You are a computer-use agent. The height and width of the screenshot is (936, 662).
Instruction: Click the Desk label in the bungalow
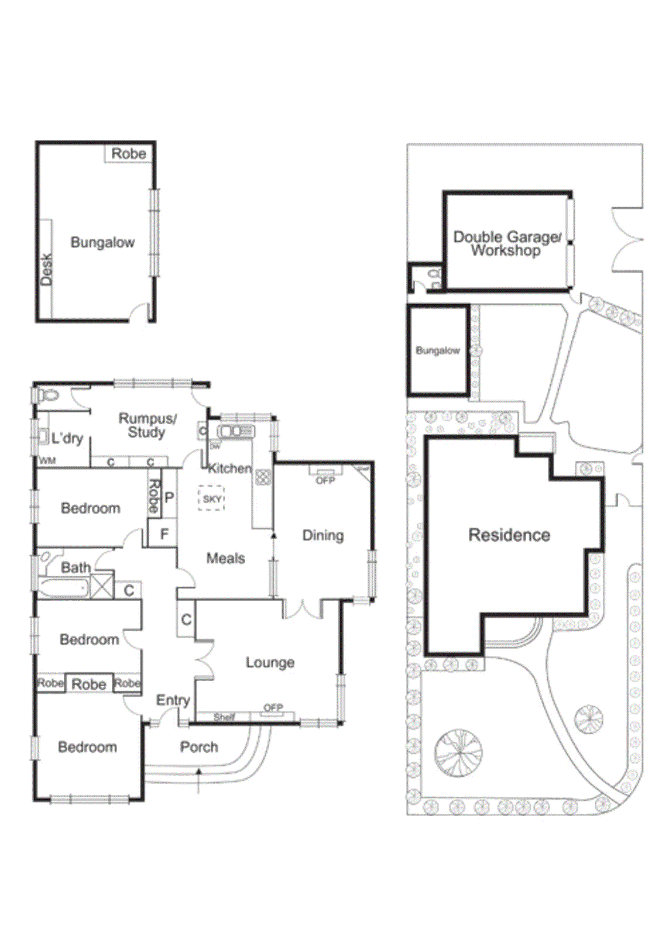[46, 270]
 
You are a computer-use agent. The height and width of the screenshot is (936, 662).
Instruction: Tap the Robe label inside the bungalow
[128, 154]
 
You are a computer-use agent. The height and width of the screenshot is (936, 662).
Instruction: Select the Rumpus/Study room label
[147, 425]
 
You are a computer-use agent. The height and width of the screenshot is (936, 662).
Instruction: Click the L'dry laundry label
[67, 439]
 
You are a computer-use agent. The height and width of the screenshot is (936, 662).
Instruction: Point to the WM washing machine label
[47, 461]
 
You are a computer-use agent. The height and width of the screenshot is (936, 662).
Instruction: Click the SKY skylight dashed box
[211, 499]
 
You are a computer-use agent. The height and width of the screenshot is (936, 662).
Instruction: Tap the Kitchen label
[229, 469]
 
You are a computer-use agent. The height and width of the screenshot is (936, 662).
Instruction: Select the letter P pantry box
[169, 498]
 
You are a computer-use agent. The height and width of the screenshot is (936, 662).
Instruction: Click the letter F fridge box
[164, 534]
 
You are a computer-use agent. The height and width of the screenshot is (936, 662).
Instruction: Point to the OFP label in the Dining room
[325, 480]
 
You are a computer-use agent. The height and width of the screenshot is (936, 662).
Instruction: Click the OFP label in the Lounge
[273, 708]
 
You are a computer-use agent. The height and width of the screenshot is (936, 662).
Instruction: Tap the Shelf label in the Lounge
[224, 717]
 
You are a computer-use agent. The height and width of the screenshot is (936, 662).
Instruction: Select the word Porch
[199, 747]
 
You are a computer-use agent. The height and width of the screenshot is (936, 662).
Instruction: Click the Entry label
[173, 700]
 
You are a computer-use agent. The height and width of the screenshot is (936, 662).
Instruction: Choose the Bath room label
[76, 567]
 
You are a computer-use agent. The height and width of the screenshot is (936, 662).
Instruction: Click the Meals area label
[225, 558]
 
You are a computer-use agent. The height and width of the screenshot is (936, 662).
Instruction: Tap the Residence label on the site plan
[509, 535]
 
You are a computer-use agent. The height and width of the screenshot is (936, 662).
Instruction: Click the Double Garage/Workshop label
[507, 243]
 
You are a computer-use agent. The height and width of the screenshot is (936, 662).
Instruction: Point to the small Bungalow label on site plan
[438, 350]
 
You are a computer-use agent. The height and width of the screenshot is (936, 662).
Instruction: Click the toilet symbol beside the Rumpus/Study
[49, 396]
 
